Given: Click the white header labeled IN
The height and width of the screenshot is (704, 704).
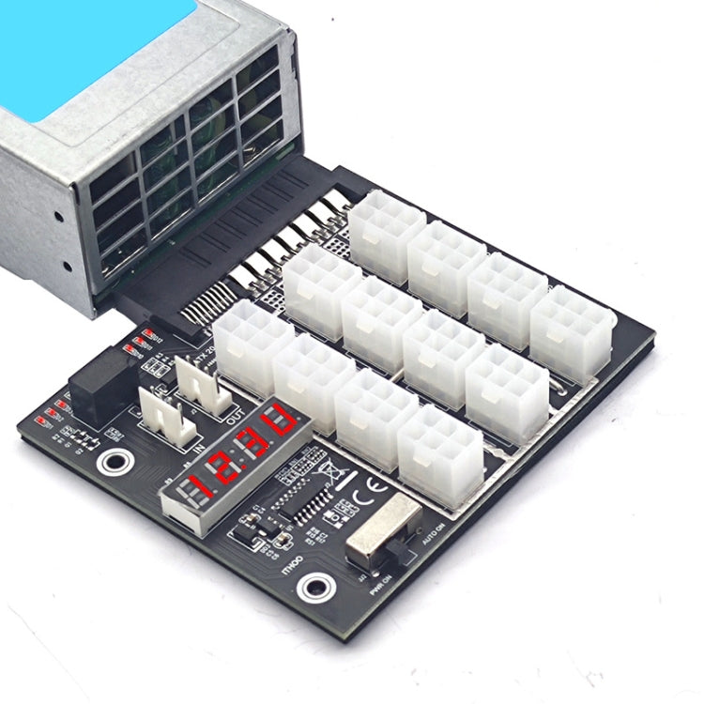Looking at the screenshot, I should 166,417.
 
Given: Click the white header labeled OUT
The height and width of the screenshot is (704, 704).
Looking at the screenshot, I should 202,384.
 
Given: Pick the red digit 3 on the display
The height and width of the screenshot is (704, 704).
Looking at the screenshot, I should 251,445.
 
